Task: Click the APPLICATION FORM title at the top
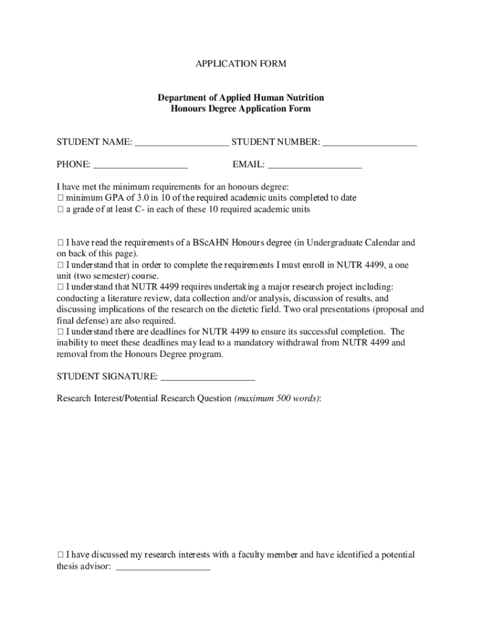(x=241, y=64)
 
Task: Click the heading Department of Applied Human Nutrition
(x=241, y=97)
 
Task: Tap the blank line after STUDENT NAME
(x=182, y=144)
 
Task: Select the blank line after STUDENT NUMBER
(x=370, y=144)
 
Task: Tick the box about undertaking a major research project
(x=60, y=287)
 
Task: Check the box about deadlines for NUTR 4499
(x=60, y=332)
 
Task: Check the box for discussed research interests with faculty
(x=60, y=555)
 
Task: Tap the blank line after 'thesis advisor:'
(x=163, y=569)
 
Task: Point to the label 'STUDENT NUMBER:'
(x=276, y=142)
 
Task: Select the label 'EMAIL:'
(x=249, y=166)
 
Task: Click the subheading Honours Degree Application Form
(x=241, y=109)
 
